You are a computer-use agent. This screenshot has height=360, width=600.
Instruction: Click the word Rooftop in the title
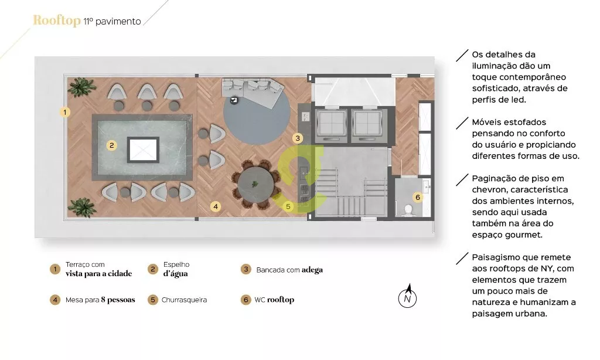tap(57, 21)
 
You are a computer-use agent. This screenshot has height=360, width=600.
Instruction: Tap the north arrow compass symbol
tap(408, 296)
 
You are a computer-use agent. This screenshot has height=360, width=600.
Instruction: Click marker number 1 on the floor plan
tap(64, 112)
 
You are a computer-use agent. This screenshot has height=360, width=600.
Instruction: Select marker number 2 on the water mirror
tap(111, 145)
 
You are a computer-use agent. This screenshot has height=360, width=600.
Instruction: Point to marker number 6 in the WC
tap(417, 197)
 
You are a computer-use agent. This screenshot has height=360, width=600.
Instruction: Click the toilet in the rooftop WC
tap(408, 209)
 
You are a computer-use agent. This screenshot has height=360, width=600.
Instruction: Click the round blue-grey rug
tap(257, 111)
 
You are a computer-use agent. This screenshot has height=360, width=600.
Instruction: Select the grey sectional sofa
tap(253, 91)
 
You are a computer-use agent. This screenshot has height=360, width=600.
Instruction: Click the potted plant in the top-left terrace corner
tap(81, 87)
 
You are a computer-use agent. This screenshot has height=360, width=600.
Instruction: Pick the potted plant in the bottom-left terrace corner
tap(81, 207)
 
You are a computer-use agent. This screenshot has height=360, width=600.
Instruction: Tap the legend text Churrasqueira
tap(184, 300)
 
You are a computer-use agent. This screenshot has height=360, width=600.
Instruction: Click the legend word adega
tap(312, 270)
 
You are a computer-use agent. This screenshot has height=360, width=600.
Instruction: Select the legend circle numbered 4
tap(55, 300)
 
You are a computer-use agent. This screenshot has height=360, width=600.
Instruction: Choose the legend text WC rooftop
tap(274, 300)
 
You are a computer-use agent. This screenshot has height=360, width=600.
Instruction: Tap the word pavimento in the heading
tap(118, 22)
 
